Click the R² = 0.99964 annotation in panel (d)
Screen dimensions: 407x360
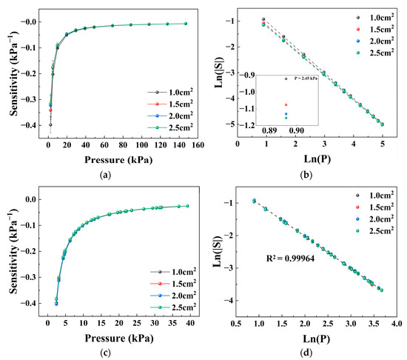[x=291, y=259]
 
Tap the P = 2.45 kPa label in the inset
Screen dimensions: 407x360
[x=306, y=79]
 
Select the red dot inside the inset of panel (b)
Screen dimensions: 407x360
[x=286, y=104]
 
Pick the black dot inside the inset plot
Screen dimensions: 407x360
[x=286, y=79]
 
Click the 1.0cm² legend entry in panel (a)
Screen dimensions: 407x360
[x=170, y=93]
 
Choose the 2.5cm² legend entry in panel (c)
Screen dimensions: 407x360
[x=173, y=307]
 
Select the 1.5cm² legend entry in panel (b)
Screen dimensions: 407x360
[x=375, y=29]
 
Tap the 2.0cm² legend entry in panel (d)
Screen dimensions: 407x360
[x=375, y=219]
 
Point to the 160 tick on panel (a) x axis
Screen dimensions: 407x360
[x=198, y=145]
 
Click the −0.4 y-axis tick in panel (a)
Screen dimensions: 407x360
[x=27, y=125]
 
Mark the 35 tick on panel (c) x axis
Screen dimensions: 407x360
[x=172, y=323]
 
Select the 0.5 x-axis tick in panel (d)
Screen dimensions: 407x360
[x=236, y=324]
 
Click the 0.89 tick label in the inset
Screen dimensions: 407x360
[x=269, y=130]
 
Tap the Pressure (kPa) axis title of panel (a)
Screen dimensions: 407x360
[x=118, y=160]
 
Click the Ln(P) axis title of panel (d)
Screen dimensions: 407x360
[x=317, y=339]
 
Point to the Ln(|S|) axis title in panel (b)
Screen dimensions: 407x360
[x=220, y=71]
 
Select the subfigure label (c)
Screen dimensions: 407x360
[x=105, y=353]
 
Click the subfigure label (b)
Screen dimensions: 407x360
[x=306, y=175]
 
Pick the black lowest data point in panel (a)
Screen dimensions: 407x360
[x=50, y=124]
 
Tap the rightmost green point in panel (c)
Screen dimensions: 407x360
[x=187, y=206]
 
